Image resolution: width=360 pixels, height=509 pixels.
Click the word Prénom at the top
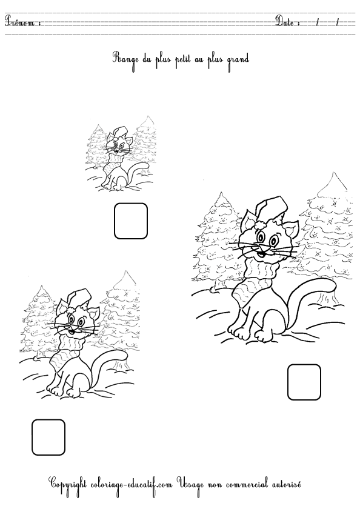click(22, 23)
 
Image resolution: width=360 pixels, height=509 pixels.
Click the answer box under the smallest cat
click(130, 221)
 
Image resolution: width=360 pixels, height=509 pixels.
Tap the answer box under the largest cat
click(304, 382)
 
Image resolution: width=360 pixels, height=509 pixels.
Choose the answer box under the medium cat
click(48, 437)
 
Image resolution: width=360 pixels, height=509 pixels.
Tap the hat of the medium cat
click(76, 299)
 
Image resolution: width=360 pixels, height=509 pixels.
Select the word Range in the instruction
click(125, 59)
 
